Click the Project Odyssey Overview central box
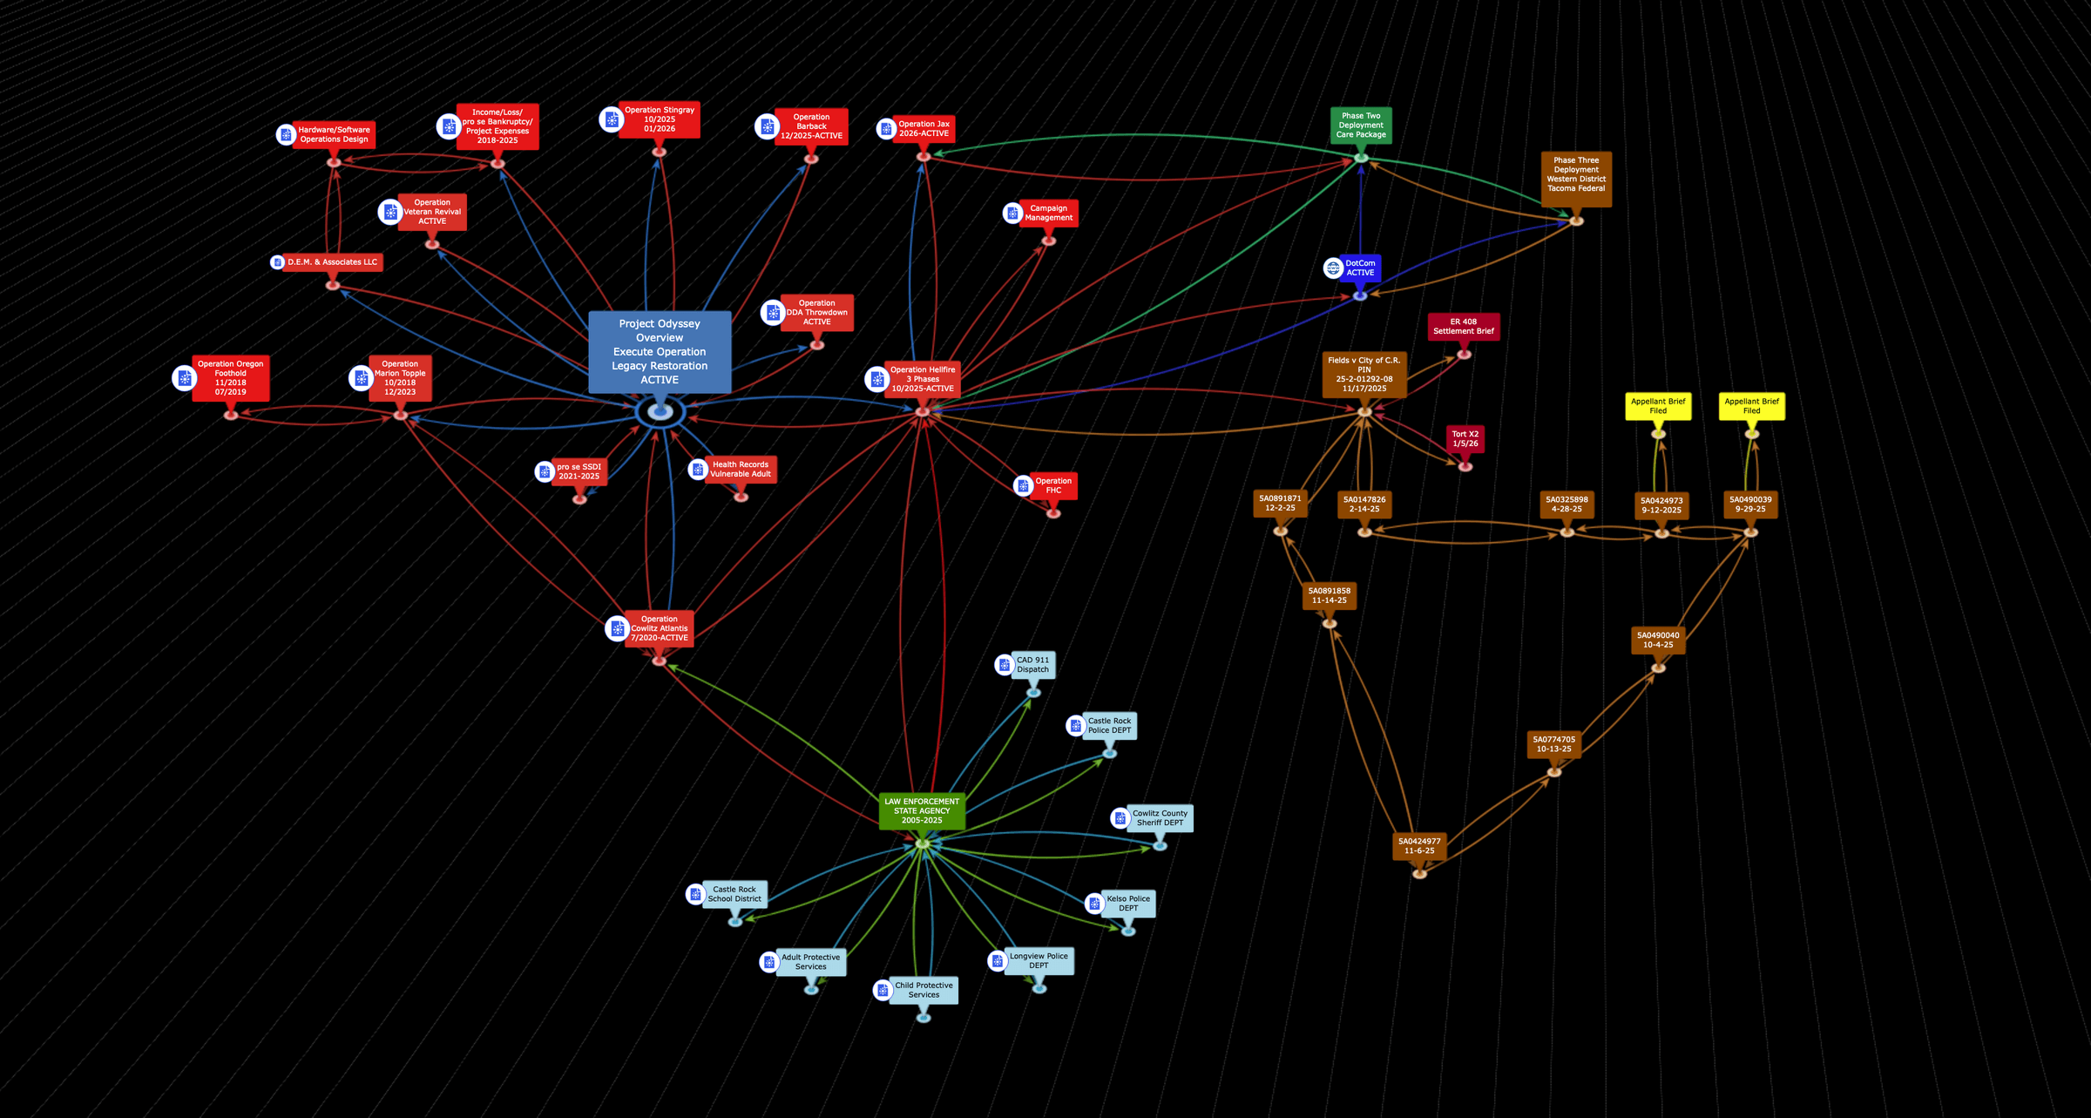click(x=660, y=351)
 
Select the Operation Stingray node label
click(x=660, y=120)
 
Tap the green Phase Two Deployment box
click(x=1361, y=125)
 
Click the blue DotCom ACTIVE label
click(x=1360, y=268)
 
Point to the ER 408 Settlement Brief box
click(x=1464, y=327)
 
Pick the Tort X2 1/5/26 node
click(x=1465, y=439)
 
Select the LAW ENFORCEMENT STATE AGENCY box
click(x=922, y=811)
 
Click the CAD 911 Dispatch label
click(x=1033, y=665)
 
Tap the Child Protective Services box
click(x=924, y=990)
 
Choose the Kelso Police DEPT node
click(x=1128, y=904)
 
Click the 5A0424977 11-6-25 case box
click(x=1419, y=846)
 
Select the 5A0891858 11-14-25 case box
click(x=1330, y=596)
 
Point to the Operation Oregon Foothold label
click(x=231, y=378)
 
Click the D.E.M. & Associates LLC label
click(x=333, y=262)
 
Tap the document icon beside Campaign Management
click(x=1012, y=213)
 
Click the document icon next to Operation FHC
click(x=1024, y=486)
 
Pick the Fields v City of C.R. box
click(x=1364, y=375)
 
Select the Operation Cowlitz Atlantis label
click(x=660, y=628)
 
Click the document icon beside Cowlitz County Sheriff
click(x=1120, y=818)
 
